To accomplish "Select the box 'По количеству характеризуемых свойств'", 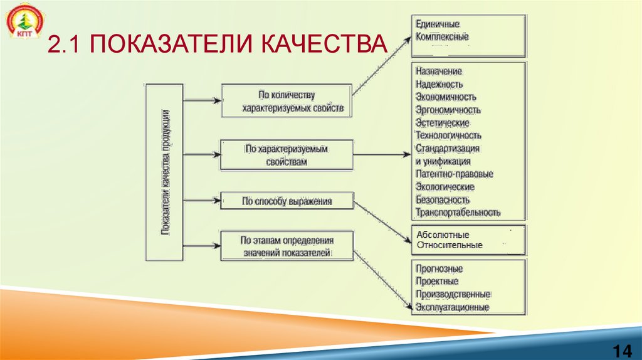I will [287, 102].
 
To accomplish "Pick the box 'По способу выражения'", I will [287, 201].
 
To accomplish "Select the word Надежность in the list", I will [439, 84].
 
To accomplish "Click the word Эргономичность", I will [448, 110].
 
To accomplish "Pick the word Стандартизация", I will [447, 149].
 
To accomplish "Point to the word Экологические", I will [445, 187].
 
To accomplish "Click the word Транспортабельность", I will [458, 213].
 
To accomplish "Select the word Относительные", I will [449, 245].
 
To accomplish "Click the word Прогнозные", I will [439, 268].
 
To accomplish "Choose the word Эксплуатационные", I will [451, 307].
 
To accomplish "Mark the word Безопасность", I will [442, 199].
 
